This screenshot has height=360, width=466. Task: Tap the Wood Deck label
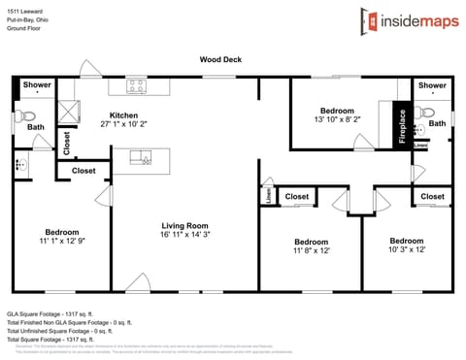(220, 59)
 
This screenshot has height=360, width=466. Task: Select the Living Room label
(184, 225)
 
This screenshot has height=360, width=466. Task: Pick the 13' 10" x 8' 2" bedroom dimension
(338, 119)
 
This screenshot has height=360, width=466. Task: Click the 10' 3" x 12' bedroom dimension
(406, 249)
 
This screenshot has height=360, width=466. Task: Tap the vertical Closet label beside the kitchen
(67, 142)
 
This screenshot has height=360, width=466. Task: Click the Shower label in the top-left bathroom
(37, 85)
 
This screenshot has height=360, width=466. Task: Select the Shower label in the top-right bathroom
(432, 85)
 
